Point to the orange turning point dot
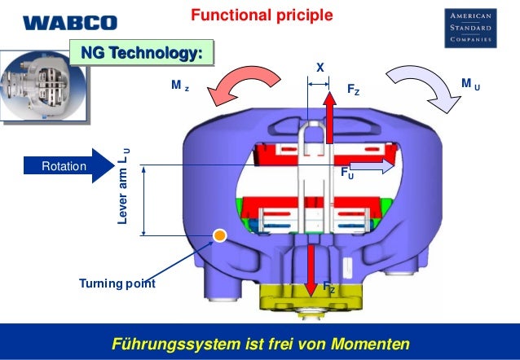tap(218, 237)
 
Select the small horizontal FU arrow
tap(371, 165)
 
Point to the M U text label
tap(469, 83)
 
